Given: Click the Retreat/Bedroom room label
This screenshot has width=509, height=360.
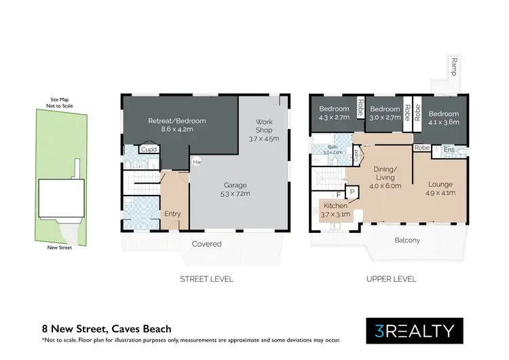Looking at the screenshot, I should (x=176, y=126).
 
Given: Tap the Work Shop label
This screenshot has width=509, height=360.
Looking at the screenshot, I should (x=263, y=129).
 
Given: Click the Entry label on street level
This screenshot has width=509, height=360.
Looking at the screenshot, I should (x=172, y=214).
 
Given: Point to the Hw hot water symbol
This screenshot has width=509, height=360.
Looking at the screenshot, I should (x=197, y=162).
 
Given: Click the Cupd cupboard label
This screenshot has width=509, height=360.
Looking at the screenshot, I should (x=149, y=149).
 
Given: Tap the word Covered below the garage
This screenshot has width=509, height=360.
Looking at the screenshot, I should (x=206, y=244).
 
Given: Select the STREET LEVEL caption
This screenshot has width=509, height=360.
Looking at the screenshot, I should (x=206, y=278).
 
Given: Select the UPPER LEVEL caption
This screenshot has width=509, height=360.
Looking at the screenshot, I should (x=391, y=278).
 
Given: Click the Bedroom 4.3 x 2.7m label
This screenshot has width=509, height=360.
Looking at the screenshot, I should (x=334, y=113).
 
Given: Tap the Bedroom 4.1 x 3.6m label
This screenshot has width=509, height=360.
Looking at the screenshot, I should (x=444, y=118).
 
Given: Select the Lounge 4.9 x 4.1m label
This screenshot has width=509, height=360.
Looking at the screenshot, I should (x=440, y=188).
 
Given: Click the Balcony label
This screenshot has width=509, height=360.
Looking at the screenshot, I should (x=408, y=240).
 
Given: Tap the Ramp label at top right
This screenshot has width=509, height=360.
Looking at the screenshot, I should (x=453, y=68).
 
